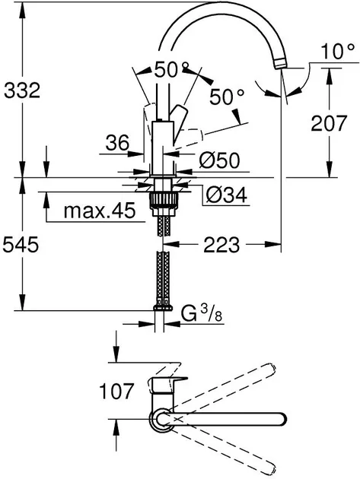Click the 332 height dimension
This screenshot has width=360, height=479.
coord(22,90)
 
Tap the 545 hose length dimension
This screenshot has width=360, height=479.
coord(21,244)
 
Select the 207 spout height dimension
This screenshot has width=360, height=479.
coord(329,123)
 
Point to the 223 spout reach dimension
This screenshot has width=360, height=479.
coord(221,244)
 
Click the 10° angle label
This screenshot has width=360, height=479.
coord(338,51)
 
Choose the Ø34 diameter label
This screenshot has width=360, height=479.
coord(226,195)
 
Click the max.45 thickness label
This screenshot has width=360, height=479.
coord(100,211)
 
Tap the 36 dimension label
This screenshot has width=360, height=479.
coord(117,143)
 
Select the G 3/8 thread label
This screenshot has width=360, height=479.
coord(202,314)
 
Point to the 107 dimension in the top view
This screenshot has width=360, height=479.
coord(116,391)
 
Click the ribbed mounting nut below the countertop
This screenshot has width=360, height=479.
coord(163,200)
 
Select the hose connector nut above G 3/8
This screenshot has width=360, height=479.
coord(163,306)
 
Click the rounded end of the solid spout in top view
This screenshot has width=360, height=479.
coord(281,419)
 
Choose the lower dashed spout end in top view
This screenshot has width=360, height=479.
coord(270,468)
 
